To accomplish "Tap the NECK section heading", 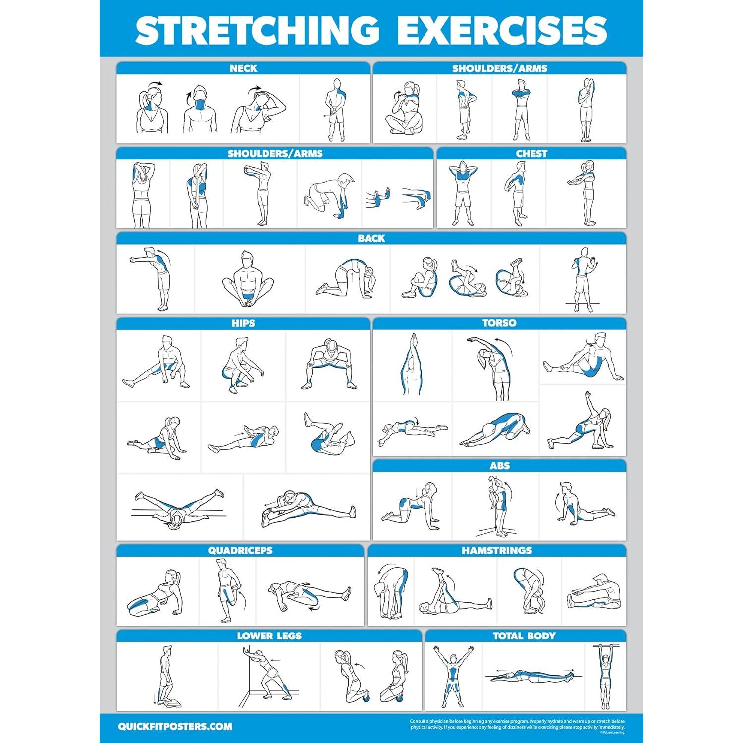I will (x=243, y=68).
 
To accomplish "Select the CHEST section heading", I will (x=531, y=154).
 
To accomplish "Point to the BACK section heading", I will (x=371, y=238).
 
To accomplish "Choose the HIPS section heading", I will (x=243, y=323).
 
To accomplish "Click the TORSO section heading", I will (x=499, y=323).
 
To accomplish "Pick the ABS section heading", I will (x=499, y=466).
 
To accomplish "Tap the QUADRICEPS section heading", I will (x=240, y=550).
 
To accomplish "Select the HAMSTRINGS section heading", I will (x=497, y=550).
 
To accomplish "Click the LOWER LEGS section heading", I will (x=269, y=636).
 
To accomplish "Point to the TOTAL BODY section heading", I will (x=524, y=636).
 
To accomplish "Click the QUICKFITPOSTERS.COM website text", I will (x=175, y=727).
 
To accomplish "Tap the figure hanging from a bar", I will (x=605, y=676).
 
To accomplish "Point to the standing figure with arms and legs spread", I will (x=453, y=676).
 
